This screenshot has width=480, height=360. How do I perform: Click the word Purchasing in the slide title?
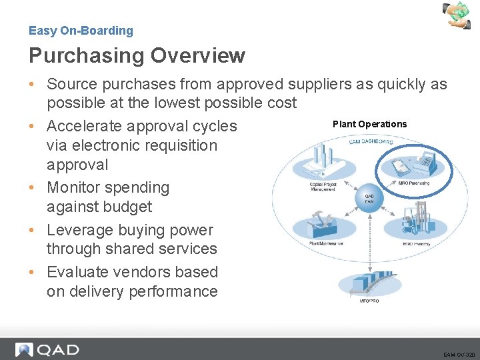[x=83, y=56]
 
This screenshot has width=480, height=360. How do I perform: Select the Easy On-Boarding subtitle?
[x=81, y=31]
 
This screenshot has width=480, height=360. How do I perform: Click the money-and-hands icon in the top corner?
[x=459, y=15]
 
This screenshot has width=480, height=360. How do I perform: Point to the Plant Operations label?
[x=369, y=124]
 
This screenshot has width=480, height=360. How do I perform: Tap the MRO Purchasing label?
[x=413, y=183]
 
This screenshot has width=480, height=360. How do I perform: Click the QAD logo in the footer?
[x=48, y=349]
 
